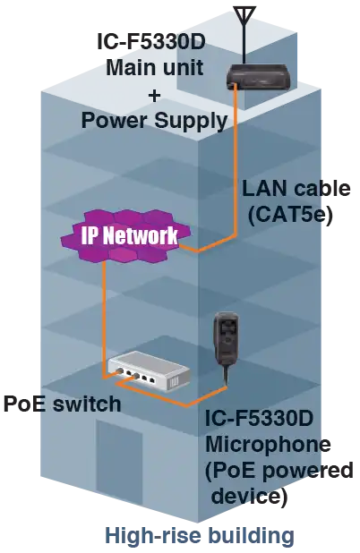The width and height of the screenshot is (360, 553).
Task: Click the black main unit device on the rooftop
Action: point(261,77)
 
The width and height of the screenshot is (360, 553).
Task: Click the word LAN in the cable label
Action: point(261,190)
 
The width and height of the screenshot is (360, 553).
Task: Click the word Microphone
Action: point(270,444)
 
